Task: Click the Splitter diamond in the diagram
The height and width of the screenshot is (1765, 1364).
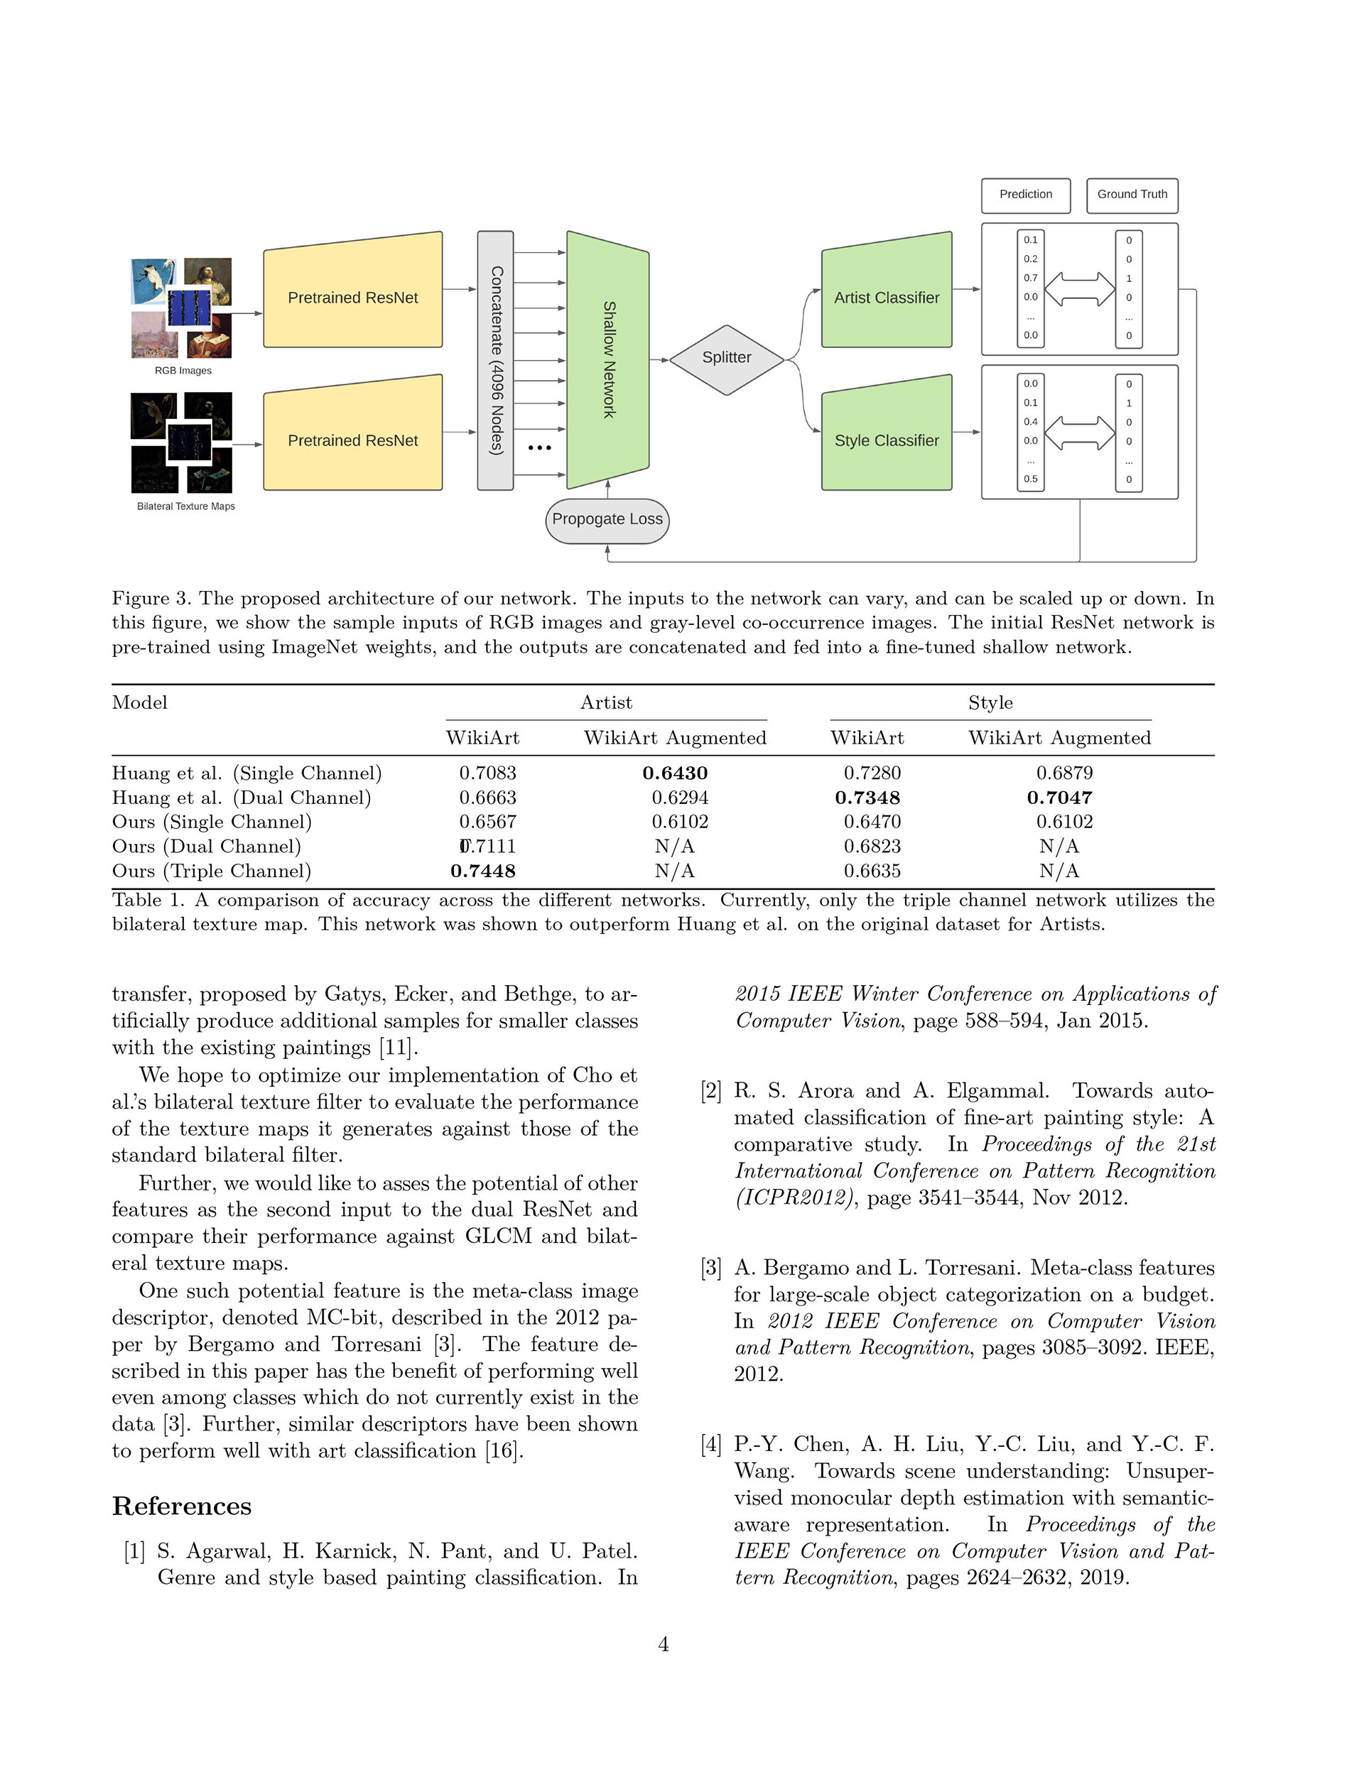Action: click(726, 358)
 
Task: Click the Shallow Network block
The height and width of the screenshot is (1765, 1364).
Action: click(608, 359)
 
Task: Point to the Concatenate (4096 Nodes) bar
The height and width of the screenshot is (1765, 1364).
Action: click(496, 360)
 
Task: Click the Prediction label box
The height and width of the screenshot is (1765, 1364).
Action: click(1025, 195)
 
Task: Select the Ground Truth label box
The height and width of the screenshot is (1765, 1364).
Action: click(1131, 195)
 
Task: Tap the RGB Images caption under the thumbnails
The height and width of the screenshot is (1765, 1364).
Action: click(183, 371)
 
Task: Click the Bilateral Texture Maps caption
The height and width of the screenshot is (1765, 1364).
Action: click(186, 506)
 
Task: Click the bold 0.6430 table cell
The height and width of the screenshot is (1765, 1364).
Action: click(675, 773)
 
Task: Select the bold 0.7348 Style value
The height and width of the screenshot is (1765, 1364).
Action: click(867, 798)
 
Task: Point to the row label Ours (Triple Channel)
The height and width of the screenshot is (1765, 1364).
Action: click(211, 871)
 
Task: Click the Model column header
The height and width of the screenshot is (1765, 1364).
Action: click(140, 702)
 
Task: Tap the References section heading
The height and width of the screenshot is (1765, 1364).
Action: click(182, 1506)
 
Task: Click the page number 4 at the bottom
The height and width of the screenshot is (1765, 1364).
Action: click(663, 1644)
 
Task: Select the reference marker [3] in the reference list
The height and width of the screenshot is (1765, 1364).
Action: click(710, 1268)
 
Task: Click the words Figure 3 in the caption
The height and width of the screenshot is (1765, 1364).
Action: click(152, 599)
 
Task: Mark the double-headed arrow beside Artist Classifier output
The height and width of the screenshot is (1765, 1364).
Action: click(1079, 288)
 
